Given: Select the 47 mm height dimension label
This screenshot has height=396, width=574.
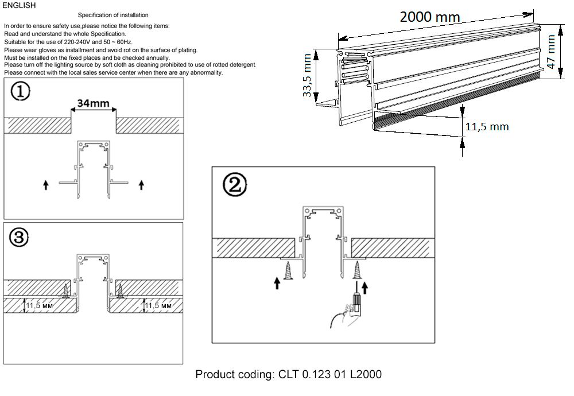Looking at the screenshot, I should (552, 52).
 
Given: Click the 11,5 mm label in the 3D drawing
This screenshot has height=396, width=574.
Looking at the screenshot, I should (486, 127).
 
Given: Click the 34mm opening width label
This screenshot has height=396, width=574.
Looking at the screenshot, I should (94, 103).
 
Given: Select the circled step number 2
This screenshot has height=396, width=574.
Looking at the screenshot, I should (235, 184).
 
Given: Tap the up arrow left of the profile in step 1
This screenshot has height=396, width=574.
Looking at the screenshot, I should (45, 185).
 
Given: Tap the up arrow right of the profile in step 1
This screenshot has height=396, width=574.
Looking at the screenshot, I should (142, 185).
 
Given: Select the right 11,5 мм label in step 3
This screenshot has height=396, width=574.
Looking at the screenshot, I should (158, 306).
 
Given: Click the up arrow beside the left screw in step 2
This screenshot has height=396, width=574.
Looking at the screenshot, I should (277, 283).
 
